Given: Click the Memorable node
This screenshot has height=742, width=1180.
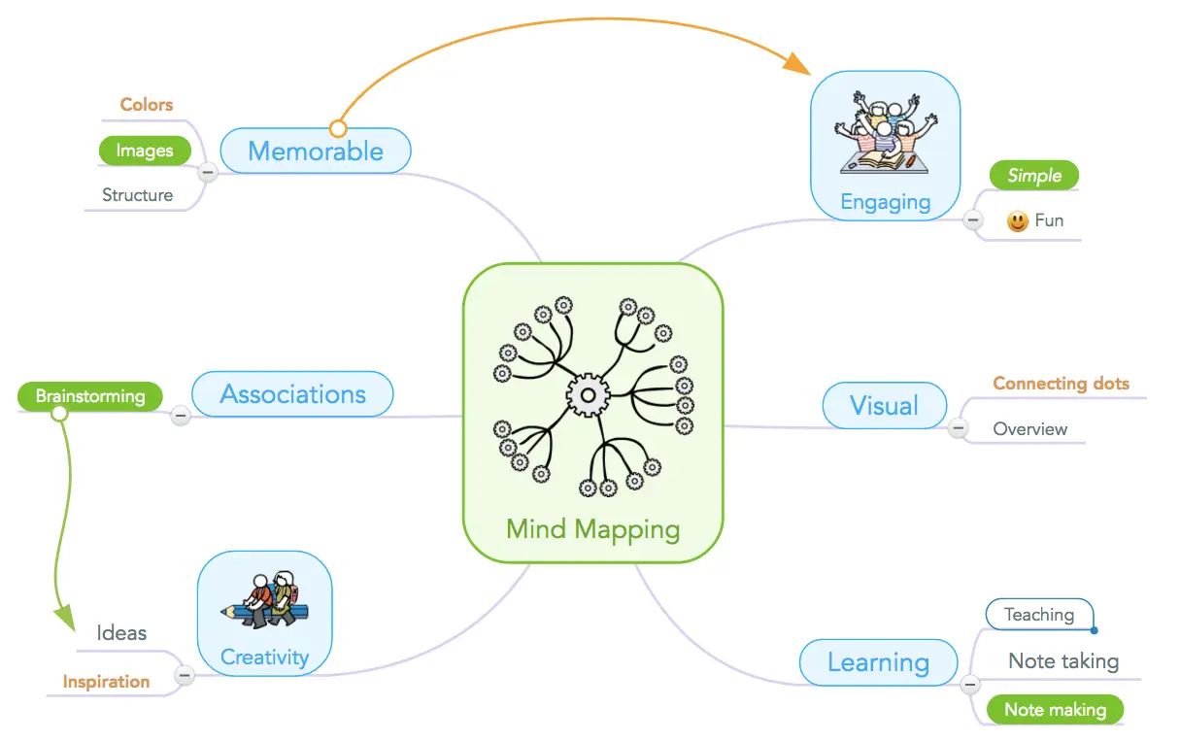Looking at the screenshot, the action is click(x=316, y=151).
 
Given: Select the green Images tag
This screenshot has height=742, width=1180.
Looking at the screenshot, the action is click(x=145, y=151).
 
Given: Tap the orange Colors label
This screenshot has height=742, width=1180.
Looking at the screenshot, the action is click(x=147, y=104).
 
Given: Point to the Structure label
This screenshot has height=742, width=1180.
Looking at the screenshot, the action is click(x=138, y=195).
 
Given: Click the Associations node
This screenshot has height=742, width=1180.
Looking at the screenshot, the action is click(x=292, y=394).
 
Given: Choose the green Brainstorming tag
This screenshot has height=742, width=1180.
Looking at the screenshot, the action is click(x=90, y=396).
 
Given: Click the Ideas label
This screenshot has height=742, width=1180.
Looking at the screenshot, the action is click(x=121, y=632).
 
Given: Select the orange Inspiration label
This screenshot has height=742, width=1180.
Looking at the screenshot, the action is click(x=107, y=682).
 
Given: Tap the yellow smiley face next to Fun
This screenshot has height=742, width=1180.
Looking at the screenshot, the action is click(x=1017, y=221).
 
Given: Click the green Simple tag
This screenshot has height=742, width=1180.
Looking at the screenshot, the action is click(x=1034, y=176).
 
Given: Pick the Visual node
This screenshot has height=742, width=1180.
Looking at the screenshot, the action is click(x=885, y=406).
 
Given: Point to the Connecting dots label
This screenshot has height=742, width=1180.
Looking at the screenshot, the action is click(x=1061, y=383).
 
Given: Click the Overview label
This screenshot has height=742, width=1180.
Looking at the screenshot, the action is click(x=1030, y=429).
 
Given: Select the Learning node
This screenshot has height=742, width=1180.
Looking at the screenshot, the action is click(x=878, y=662).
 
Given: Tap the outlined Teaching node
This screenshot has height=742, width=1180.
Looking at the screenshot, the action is click(x=1039, y=615).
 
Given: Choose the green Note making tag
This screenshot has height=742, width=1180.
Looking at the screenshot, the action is click(x=1055, y=709).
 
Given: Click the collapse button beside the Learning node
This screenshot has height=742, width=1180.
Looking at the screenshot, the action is click(x=970, y=685).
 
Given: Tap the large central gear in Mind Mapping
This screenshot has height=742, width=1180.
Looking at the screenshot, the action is click(x=588, y=395).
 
